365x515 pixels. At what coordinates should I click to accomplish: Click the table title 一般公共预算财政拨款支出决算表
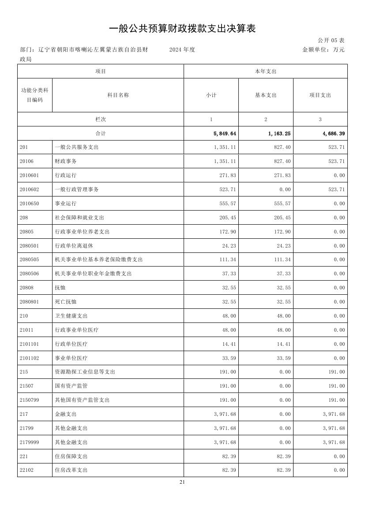(182, 29)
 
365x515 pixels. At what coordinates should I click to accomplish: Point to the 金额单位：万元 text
(323, 50)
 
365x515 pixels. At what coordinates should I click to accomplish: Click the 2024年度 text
(182, 50)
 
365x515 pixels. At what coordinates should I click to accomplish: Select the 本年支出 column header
(266, 71)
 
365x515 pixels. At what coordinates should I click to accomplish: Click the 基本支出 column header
(266, 95)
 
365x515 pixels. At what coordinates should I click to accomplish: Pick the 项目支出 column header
(320, 95)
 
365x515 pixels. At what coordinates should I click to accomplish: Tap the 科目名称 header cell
(118, 95)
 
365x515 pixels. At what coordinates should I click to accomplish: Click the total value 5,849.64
(225, 133)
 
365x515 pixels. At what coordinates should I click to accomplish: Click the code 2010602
(29, 189)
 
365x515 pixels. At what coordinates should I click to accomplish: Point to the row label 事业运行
(65, 204)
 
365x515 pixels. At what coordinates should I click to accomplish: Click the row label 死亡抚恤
(65, 302)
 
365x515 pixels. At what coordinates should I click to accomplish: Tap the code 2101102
(29, 358)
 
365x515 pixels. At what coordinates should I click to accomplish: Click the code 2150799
(29, 400)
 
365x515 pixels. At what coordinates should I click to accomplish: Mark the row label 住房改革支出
(71, 470)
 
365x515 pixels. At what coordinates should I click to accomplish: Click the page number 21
(182, 482)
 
